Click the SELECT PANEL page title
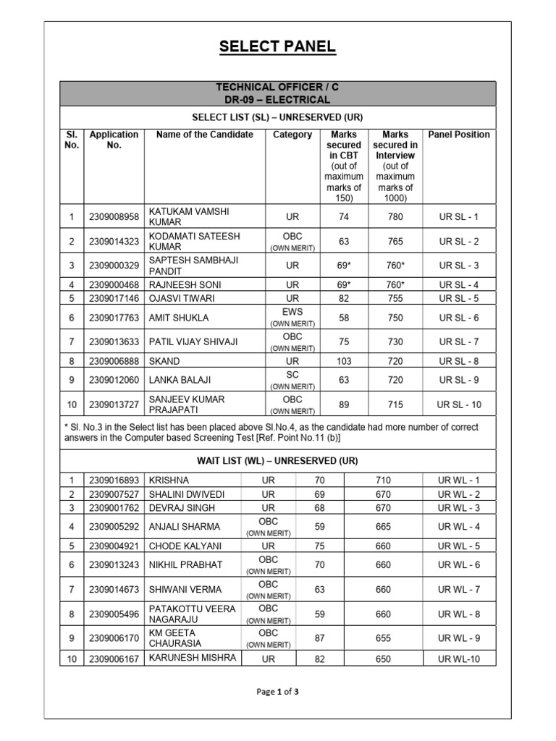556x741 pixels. point(278,48)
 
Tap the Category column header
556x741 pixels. point(292,135)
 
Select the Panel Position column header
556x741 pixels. point(459,135)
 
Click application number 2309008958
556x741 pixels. point(115,216)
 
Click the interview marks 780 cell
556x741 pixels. point(395,216)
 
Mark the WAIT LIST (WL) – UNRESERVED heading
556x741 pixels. point(278,461)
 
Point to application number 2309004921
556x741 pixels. point(115,546)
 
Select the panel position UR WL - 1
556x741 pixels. point(459,480)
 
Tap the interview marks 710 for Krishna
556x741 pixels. point(383,480)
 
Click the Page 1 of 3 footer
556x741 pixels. point(278,692)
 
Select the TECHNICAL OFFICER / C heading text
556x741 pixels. point(278,88)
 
